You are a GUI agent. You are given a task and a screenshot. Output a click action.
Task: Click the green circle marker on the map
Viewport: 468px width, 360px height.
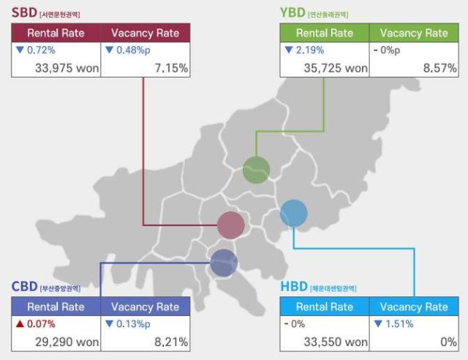click(x=256, y=170)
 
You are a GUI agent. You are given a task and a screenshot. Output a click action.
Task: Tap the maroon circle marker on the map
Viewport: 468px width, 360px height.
click(x=231, y=225)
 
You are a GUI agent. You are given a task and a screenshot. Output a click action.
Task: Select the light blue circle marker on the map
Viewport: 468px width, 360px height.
click(x=294, y=214)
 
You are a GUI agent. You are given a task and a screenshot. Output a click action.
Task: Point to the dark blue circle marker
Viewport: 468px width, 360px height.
click(x=224, y=263)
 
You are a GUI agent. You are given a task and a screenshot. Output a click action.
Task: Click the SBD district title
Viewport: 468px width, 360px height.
click(x=25, y=12)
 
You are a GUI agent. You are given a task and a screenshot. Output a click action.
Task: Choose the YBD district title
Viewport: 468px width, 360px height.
click(x=294, y=12)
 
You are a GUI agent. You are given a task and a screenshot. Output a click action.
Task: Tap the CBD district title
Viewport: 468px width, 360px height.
click(x=25, y=287)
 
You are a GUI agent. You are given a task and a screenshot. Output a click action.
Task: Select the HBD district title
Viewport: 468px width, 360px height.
click(x=295, y=287)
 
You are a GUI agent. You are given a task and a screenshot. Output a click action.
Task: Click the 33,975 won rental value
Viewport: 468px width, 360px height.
click(x=67, y=67)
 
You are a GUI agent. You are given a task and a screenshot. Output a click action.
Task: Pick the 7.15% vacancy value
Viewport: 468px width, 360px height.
click(x=171, y=67)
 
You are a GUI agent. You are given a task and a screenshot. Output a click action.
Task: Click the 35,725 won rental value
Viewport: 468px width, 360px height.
click(x=336, y=67)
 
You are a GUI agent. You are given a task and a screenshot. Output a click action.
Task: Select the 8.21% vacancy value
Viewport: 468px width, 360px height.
click(x=171, y=342)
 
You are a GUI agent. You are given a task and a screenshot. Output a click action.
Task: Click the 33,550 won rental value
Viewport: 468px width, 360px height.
click(x=336, y=342)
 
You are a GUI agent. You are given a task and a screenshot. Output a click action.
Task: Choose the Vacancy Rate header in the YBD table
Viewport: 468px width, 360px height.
click(x=414, y=33)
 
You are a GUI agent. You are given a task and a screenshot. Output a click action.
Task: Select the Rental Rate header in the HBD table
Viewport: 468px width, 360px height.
click(x=325, y=307)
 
